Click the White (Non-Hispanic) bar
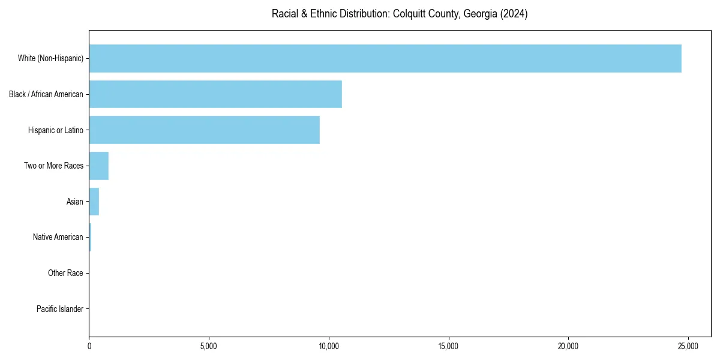(x=385, y=58)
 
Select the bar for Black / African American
(x=215, y=94)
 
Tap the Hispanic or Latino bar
(x=204, y=130)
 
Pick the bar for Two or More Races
(x=99, y=166)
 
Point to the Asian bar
(x=94, y=202)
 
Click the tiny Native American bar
(x=90, y=237)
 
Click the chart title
(x=400, y=14)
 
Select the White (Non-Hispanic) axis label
(x=50, y=58)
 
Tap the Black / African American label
(x=46, y=94)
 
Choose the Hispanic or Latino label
(x=56, y=130)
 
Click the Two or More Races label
(x=53, y=166)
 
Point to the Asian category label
(x=75, y=202)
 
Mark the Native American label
(x=58, y=237)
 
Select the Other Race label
(x=65, y=273)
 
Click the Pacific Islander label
(x=60, y=309)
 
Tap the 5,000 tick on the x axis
(x=209, y=346)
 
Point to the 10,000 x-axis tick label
(x=328, y=346)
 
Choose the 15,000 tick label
(x=448, y=346)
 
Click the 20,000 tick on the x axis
(x=568, y=346)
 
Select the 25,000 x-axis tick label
(x=688, y=346)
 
